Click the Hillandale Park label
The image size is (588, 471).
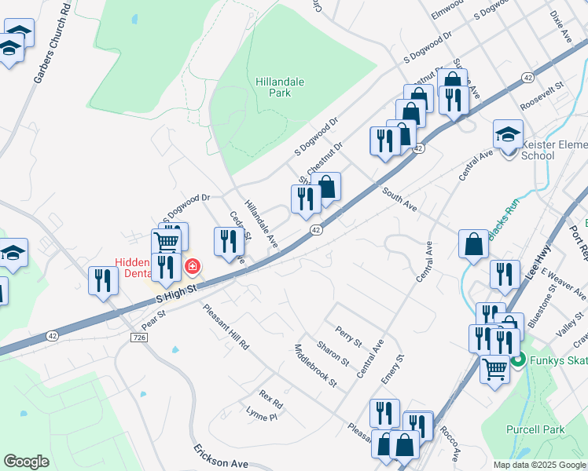279,87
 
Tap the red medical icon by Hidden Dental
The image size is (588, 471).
191,268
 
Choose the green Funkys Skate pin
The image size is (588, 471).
517,361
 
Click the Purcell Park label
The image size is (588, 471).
542,429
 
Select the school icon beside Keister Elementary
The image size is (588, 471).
508,134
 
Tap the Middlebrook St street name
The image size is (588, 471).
314,366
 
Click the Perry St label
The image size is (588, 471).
347,337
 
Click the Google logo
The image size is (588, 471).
26,462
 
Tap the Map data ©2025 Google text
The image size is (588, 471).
538,465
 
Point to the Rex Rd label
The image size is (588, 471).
270,399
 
